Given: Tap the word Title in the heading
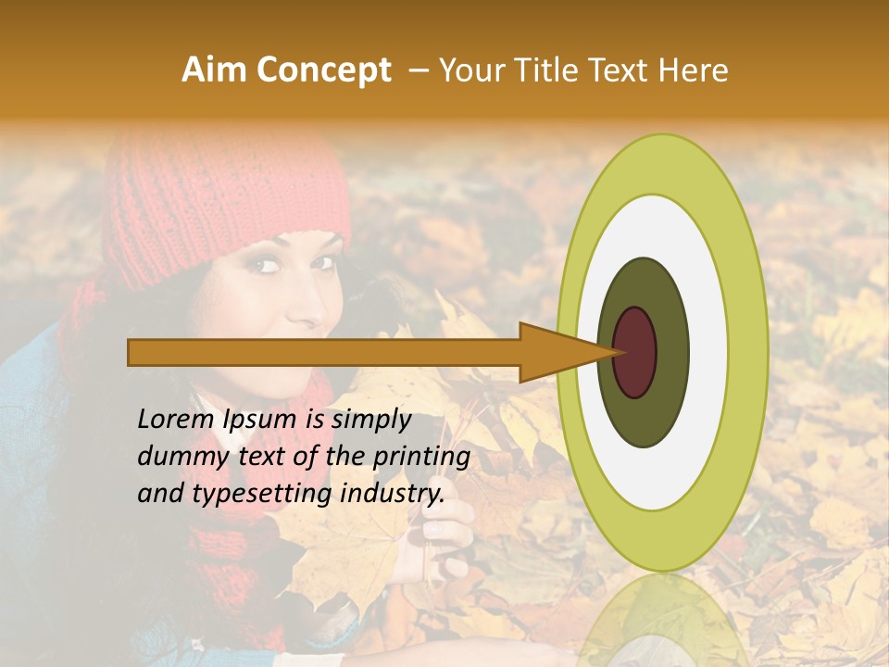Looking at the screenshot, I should pyautogui.click(x=555, y=70).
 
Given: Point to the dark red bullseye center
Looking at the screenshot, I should pyautogui.click(x=634, y=353).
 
